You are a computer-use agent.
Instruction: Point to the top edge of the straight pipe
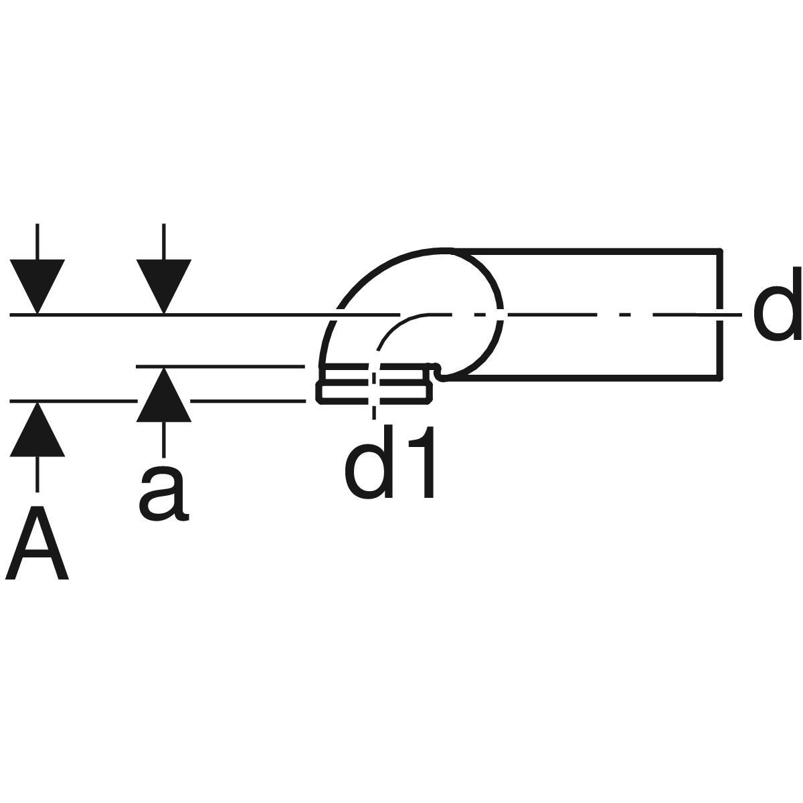coord(589,251)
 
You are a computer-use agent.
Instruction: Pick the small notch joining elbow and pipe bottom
coord(438,372)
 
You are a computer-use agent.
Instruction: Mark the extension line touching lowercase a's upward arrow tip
coord(221,366)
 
